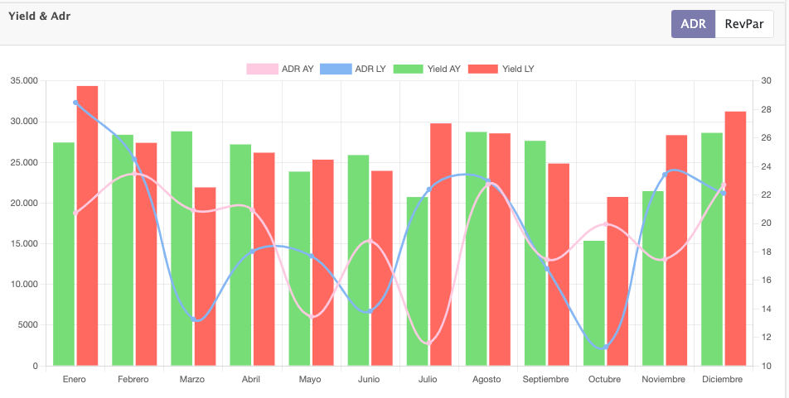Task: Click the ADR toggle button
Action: click(x=693, y=24)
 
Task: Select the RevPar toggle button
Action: click(x=744, y=24)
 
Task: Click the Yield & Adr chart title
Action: click(x=39, y=16)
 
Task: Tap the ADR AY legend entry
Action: click(x=280, y=69)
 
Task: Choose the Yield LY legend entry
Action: click(x=501, y=69)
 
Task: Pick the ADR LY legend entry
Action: click(x=353, y=69)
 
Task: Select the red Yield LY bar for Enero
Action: click(x=87, y=226)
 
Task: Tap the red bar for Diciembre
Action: click(x=735, y=238)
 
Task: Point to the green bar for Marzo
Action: click(x=182, y=248)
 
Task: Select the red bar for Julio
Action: click(x=441, y=244)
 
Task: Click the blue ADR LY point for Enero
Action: click(x=75, y=103)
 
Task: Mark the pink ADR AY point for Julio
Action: click(x=428, y=343)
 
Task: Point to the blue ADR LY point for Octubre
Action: click(x=605, y=348)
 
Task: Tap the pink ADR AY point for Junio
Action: click(x=370, y=241)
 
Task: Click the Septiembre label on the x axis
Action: click(x=545, y=380)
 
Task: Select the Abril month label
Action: click(x=250, y=380)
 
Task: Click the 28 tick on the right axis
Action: click(x=767, y=109)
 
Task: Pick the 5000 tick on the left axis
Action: click(x=28, y=325)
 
